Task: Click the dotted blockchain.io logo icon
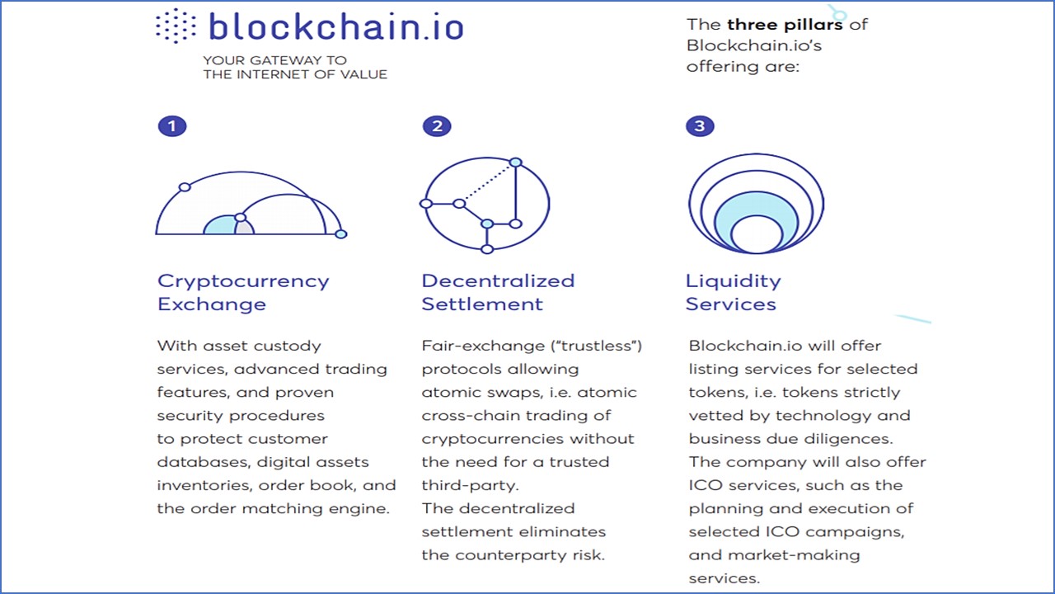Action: (x=176, y=26)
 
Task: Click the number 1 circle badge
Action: (x=172, y=126)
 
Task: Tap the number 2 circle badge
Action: (x=437, y=126)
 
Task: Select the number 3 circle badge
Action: (x=700, y=126)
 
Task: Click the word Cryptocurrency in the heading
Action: (x=243, y=282)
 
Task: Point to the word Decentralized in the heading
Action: (x=499, y=280)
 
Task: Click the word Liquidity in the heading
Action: (x=734, y=282)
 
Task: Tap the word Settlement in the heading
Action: (x=482, y=304)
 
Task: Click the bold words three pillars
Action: (x=785, y=25)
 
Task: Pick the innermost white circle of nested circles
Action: (x=757, y=234)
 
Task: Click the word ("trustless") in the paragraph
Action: (x=597, y=346)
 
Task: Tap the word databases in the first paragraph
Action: (x=203, y=462)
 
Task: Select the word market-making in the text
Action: (x=794, y=555)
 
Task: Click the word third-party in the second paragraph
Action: (x=470, y=486)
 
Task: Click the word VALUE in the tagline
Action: (x=363, y=74)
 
